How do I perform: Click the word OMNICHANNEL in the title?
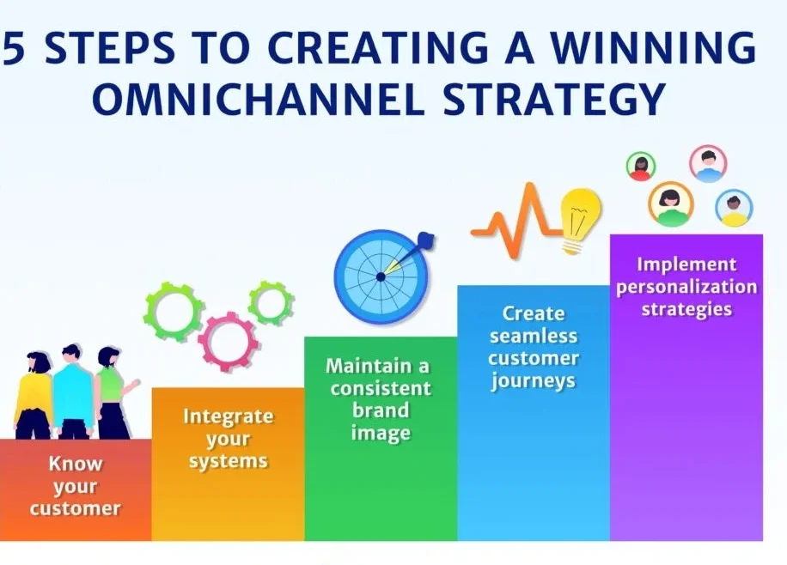coord(258,100)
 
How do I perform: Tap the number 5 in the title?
coord(14,48)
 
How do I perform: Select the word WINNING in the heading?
coord(652,48)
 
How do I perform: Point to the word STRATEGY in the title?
coord(554,100)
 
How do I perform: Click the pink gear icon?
coord(229,342)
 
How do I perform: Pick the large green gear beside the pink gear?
coord(174,312)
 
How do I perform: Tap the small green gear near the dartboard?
coord(271,303)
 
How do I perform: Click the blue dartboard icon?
coord(382,276)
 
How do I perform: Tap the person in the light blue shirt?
coord(73,392)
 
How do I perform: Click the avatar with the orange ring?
coord(670,204)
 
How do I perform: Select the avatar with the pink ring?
coord(708,164)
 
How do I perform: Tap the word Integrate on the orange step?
coord(228,416)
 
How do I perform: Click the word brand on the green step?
coord(381,410)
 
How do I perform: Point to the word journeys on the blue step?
coord(534,381)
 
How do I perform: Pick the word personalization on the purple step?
coord(686,288)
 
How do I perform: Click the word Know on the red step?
coord(76,464)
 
